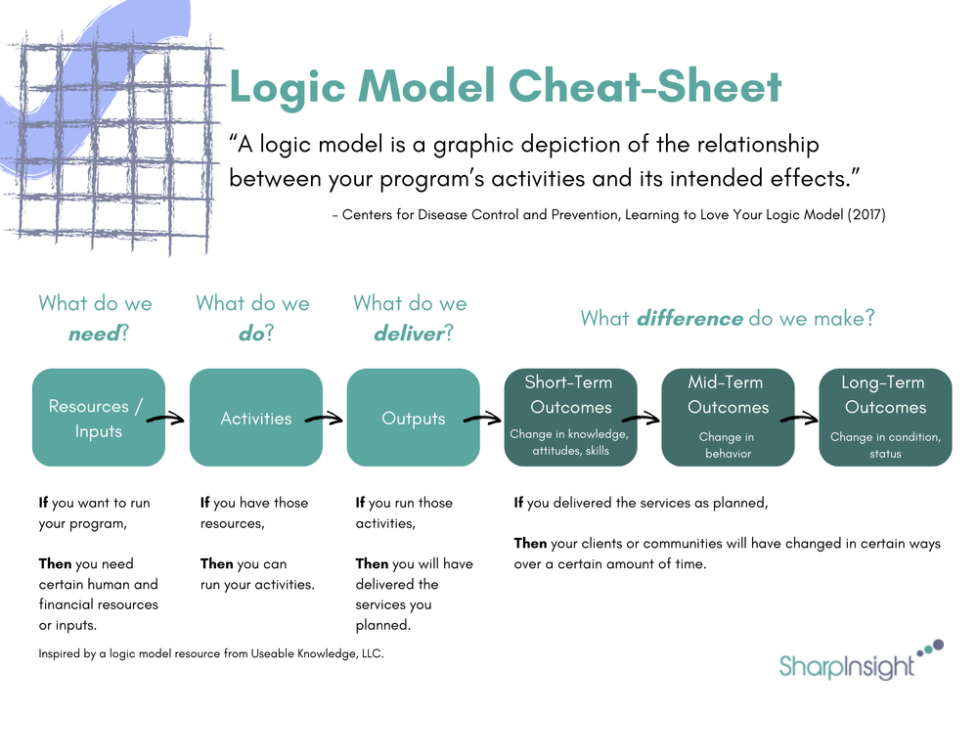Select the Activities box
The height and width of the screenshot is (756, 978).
pos(256,418)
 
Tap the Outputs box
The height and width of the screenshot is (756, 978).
pos(413,418)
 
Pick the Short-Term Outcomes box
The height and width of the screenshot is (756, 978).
pos(570,418)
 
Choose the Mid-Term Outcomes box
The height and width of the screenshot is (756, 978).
pos(728,418)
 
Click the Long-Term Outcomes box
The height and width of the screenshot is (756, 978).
pos(885,418)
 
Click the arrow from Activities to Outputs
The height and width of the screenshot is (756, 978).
pos(324,419)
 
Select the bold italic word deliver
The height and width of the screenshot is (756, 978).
pos(408,334)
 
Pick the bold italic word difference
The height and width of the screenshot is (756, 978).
pos(689,318)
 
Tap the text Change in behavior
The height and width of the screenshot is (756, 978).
pos(726,445)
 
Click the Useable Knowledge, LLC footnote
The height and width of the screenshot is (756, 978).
pos(210,653)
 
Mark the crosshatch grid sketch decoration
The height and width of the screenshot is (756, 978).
pos(108,147)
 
